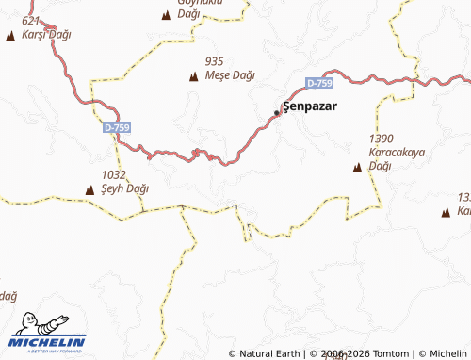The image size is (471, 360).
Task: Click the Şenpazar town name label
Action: [310, 107]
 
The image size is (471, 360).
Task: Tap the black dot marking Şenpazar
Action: [277, 112]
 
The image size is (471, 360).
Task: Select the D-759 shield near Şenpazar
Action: [319, 84]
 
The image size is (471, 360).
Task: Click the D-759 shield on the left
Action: [117, 126]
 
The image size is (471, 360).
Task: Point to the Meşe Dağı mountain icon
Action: [195, 76]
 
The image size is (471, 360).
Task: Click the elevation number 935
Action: [214, 61]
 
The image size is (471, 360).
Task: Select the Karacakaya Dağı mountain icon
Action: [357, 168]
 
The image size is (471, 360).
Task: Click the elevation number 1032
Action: [113, 174]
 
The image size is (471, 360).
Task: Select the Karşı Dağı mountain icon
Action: [11, 35]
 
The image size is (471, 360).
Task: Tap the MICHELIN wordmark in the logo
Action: [48, 342]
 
